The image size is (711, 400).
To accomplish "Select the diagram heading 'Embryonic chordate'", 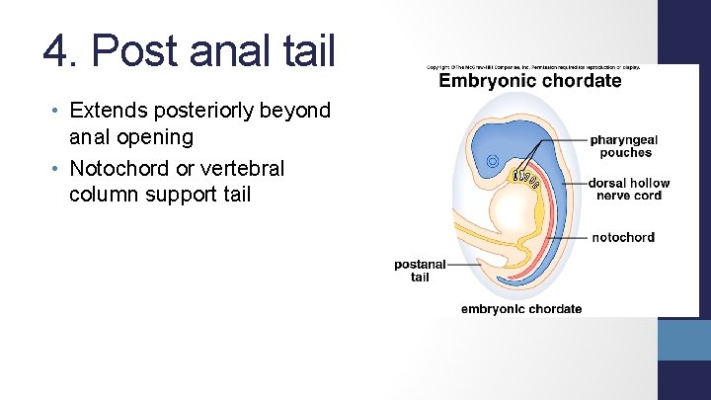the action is pos(530,81).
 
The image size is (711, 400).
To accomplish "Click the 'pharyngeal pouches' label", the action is pos(624,146).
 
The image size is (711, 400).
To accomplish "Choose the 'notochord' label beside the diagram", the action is pos(623,237).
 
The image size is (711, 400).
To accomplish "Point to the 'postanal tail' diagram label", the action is pos(420,271).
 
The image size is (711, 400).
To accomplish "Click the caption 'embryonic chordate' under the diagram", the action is pos(521,309).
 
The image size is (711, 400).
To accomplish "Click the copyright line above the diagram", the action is pos(533,66).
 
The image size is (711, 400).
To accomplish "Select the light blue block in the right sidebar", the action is pos(684,340).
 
